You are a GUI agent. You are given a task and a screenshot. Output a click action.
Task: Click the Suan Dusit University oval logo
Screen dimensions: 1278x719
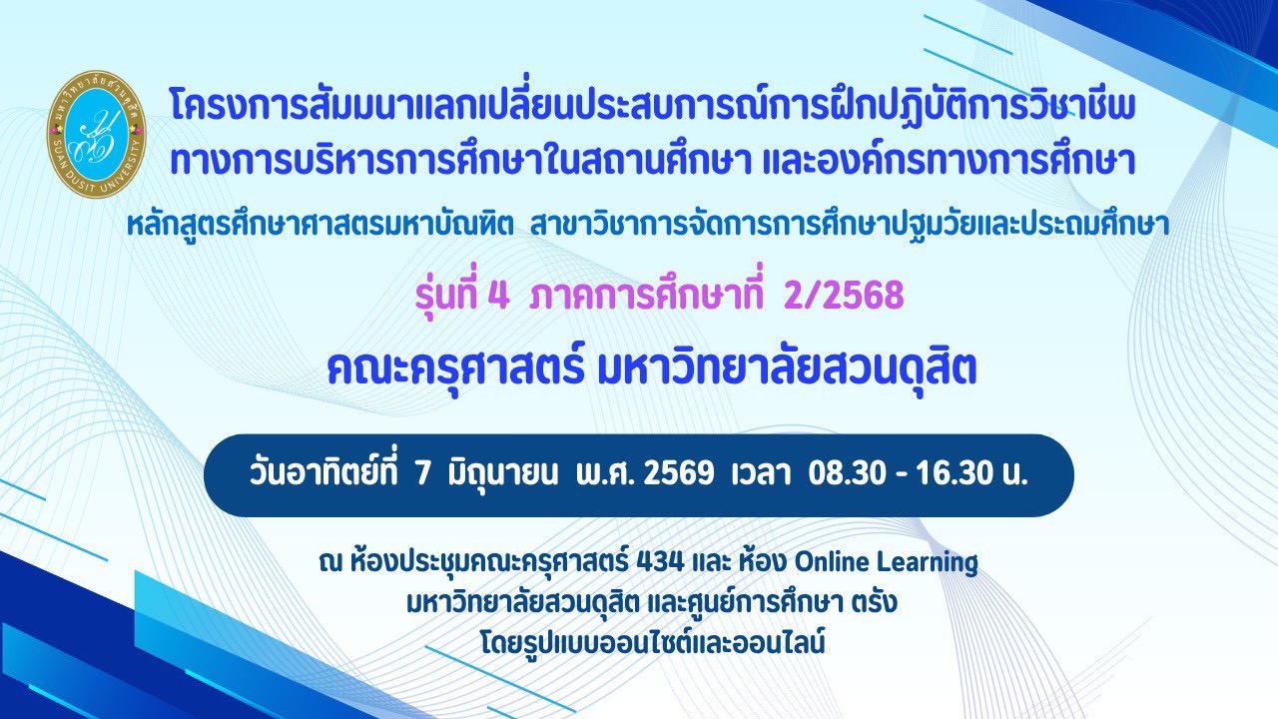tap(96, 135)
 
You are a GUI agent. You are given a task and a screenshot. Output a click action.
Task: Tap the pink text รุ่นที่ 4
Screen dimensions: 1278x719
tap(461, 296)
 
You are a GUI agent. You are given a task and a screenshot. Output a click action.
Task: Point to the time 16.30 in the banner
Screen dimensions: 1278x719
tap(956, 474)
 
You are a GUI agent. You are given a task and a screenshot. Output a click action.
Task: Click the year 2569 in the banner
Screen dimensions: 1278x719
tap(678, 474)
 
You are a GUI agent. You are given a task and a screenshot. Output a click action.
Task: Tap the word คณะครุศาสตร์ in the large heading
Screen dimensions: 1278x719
tap(456, 368)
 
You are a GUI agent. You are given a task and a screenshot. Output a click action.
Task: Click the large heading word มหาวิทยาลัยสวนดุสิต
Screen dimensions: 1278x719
tap(786, 367)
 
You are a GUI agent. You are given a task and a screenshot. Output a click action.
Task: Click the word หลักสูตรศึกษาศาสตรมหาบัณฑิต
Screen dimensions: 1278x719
tap(320, 225)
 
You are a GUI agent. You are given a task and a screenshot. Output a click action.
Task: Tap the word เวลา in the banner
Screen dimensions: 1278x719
tap(761, 474)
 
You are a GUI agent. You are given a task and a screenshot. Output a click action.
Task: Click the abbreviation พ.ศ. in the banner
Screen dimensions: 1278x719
tap(604, 474)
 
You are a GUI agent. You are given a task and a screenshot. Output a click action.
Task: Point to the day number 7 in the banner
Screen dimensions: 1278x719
tap(421, 474)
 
